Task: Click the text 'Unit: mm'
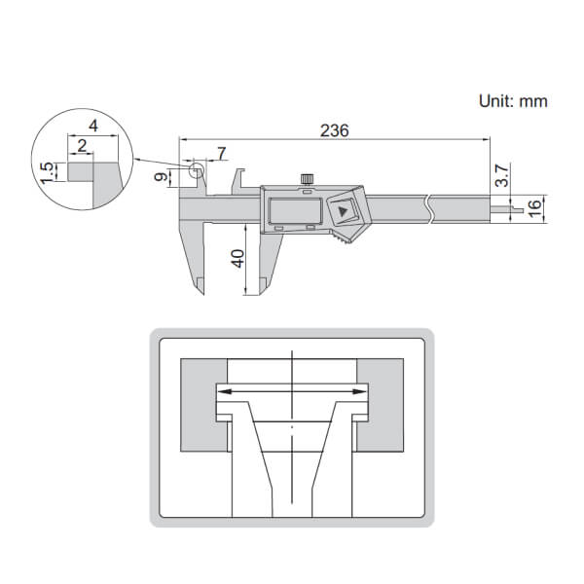[x=512, y=100]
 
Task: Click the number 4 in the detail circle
[x=92, y=126]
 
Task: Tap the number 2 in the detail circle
[x=82, y=146]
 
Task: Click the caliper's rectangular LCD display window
[x=291, y=210]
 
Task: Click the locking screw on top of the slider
[x=308, y=178]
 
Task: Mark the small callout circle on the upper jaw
[x=198, y=172]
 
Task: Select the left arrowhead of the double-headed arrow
[x=219, y=390]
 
